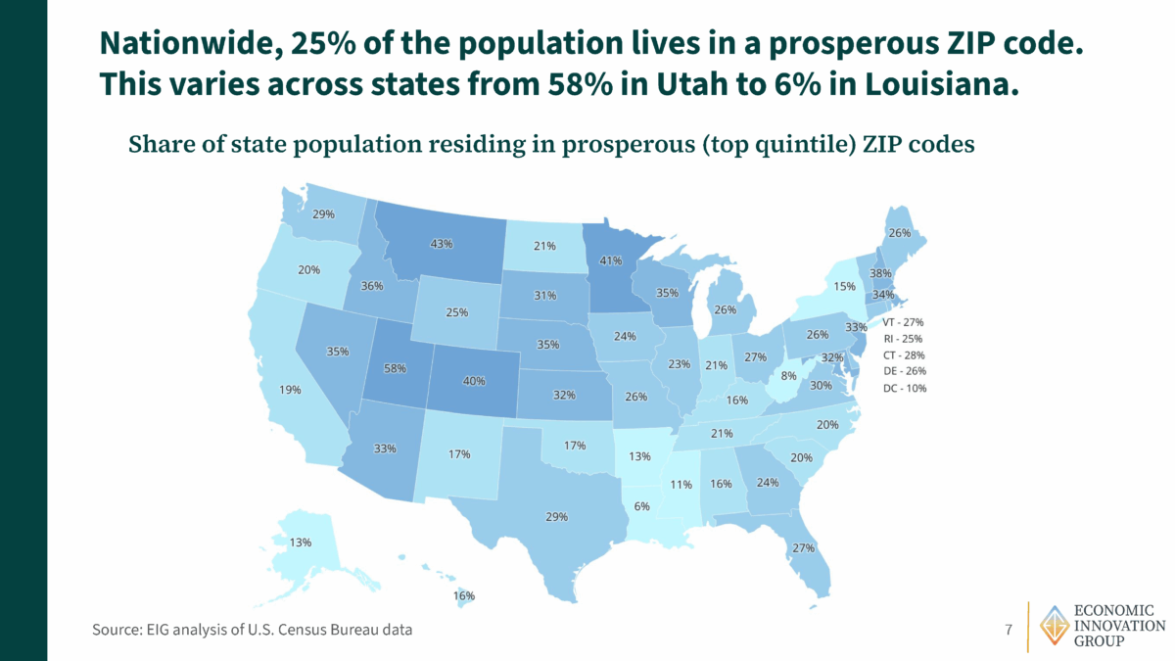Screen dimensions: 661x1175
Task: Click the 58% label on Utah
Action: tap(395, 368)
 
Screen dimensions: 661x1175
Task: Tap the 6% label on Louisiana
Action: tap(641, 506)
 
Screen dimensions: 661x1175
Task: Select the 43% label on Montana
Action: tap(442, 244)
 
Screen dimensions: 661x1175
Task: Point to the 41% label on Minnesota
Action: tap(611, 260)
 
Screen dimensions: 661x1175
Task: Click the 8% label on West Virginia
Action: tap(789, 376)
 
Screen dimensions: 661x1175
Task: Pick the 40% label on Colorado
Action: tap(474, 381)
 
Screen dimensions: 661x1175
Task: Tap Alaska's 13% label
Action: tap(300, 543)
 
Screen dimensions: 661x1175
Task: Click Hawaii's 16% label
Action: tap(463, 595)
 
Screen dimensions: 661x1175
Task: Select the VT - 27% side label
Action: tap(903, 321)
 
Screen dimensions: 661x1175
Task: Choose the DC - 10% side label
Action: tap(903, 388)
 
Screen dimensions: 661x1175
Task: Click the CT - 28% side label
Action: tap(903, 354)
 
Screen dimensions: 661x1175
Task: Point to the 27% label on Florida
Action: tap(804, 547)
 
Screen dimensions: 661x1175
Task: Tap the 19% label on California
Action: tap(290, 390)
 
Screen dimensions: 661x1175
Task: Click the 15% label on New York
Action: tap(845, 287)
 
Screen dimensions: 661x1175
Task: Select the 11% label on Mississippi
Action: tap(681, 484)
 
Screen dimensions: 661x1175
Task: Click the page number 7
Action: tap(1009, 629)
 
